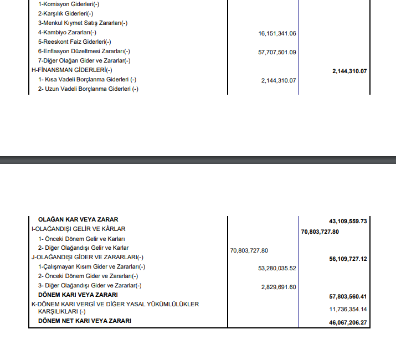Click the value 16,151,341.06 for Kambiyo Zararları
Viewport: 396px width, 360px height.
(x=277, y=33)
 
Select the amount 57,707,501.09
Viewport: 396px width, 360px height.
(x=277, y=52)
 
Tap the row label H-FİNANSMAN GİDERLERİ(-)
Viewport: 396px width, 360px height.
(x=72, y=70)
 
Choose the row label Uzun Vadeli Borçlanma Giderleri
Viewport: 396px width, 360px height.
(x=88, y=89)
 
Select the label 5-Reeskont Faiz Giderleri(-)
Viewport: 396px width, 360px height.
(x=74, y=42)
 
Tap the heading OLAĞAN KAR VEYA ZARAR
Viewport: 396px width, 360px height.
(x=78, y=219)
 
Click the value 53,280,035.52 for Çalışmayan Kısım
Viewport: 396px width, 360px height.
(x=277, y=268)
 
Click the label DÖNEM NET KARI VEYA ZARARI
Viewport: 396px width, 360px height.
(x=84, y=321)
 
